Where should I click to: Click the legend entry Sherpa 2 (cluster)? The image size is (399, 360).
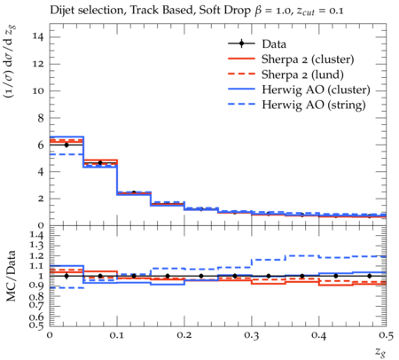[308, 59]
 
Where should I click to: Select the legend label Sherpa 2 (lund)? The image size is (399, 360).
[302, 74]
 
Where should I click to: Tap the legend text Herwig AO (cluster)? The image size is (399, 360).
[316, 90]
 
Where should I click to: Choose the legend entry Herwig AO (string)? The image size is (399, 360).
[314, 105]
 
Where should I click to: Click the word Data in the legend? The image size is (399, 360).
[274, 44]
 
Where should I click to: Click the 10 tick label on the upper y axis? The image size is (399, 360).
[38, 90]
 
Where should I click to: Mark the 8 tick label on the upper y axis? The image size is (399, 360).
[40, 118]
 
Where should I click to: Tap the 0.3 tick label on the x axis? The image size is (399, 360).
[252, 335]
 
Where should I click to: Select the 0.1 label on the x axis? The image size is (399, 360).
[117, 335]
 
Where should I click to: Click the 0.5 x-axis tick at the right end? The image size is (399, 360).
[386, 335]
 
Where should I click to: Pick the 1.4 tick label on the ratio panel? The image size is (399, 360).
[37, 236]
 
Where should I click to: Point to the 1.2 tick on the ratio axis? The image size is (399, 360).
[37, 255]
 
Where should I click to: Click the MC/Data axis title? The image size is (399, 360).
[12, 276]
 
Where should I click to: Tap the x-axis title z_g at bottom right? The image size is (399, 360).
[380, 352]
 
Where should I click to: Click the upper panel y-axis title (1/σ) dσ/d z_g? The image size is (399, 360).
[10, 62]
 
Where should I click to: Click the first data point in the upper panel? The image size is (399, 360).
[66, 145]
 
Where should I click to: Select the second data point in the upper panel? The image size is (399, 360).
[100, 162]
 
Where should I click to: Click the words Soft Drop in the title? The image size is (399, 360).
[224, 11]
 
